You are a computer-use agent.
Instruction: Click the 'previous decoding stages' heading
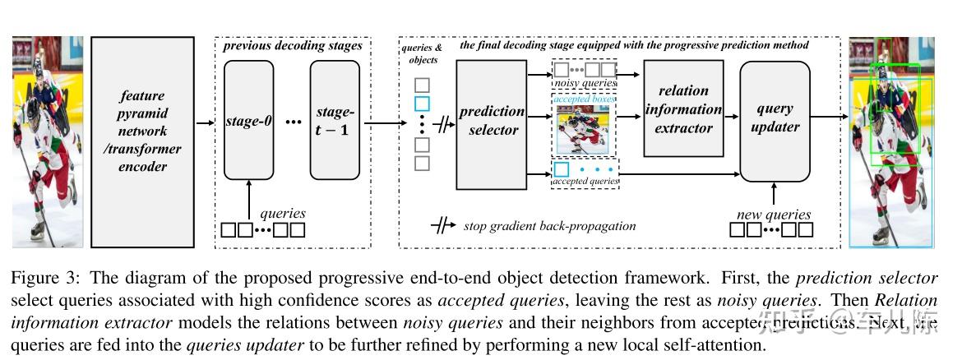[293, 45]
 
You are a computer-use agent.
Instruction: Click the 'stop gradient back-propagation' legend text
[549, 226]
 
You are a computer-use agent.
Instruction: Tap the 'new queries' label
[773, 215]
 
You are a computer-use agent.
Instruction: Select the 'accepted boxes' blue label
[585, 98]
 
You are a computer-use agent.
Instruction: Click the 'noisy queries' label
[585, 83]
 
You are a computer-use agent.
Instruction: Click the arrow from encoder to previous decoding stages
[204, 123]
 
